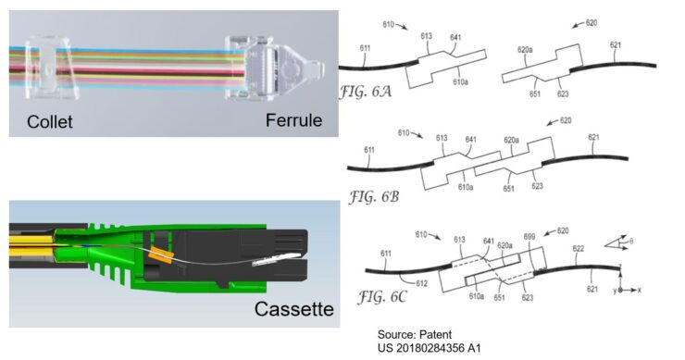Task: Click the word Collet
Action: pyautogui.click(x=49, y=122)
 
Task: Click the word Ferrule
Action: pyautogui.click(x=294, y=120)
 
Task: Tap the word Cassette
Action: pyautogui.click(x=294, y=309)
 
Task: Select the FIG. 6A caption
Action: pyautogui.click(x=366, y=92)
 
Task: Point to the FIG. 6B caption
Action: pyautogui.click(x=374, y=197)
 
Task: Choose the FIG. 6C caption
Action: pyautogui.click(x=382, y=297)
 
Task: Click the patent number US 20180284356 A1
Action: pyautogui.click(x=430, y=348)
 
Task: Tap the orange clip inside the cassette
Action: pyautogui.click(x=161, y=254)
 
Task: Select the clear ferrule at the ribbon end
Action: pyautogui.click(x=274, y=68)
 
